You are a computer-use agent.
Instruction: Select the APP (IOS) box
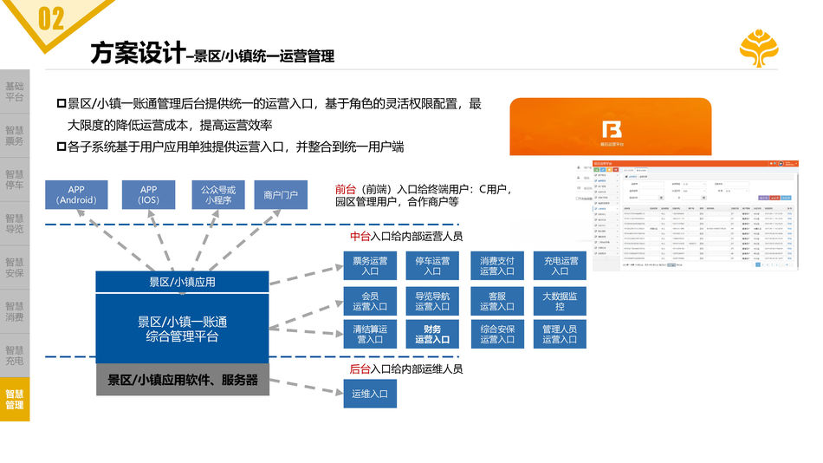point(149,194)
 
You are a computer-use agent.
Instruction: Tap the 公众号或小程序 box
point(218,194)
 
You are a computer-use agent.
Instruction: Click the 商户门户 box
point(281,194)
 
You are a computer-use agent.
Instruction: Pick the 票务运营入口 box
point(370,266)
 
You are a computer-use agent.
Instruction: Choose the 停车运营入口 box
point(432,266)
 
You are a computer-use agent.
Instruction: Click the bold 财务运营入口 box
point(432,335)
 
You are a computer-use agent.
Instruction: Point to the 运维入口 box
point(370,394)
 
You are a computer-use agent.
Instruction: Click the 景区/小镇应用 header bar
point(182,282)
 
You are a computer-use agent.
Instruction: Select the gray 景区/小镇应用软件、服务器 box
point(182,380)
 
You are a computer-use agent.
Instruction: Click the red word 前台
point(345,189)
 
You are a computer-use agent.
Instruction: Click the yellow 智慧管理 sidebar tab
point(15,400)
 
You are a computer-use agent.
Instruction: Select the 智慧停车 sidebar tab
point(15,179)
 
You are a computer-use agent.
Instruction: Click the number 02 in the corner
point(51,18)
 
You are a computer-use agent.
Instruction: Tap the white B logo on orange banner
point(611,131)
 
